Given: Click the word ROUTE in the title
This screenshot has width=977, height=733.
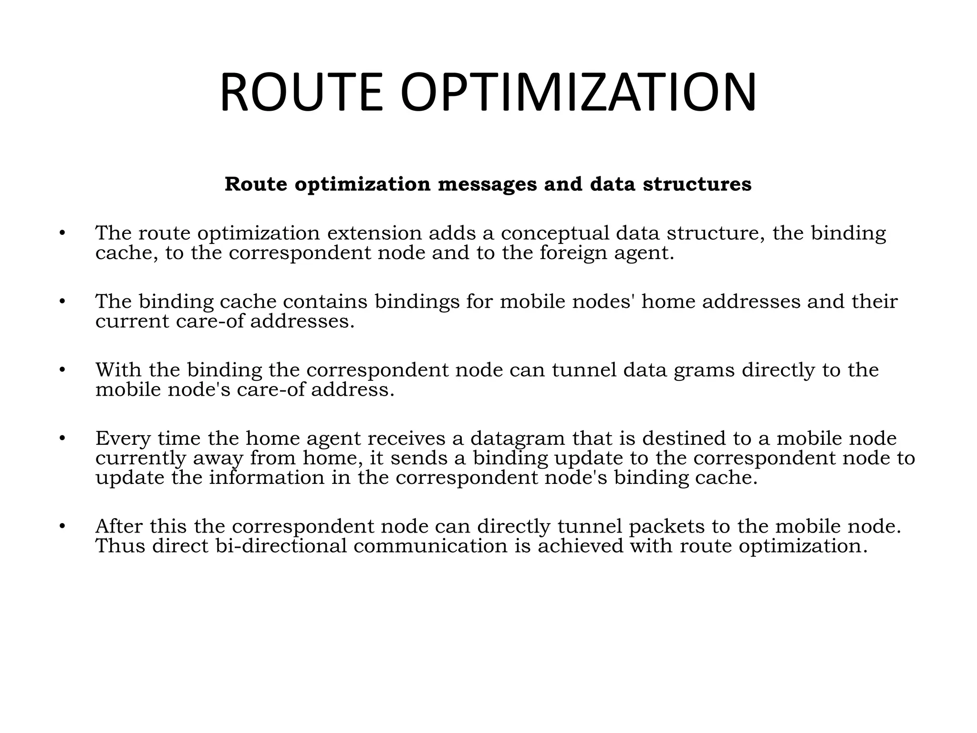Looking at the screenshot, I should pyautogui.click(x=301, y=92).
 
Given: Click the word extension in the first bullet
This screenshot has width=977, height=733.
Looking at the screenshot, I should pyautogui.click(x=374, y=233).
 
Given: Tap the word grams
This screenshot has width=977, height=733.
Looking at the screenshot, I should pyautogui.click(x=704, y=371).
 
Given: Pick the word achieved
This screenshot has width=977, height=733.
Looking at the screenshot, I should pyautogui.click(x=581, y=546).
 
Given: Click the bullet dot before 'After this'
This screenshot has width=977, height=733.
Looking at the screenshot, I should pyautogui.click(x=62, y=527).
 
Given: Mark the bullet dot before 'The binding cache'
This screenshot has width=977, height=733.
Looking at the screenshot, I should pyautogui.click(x=62, y=302).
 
